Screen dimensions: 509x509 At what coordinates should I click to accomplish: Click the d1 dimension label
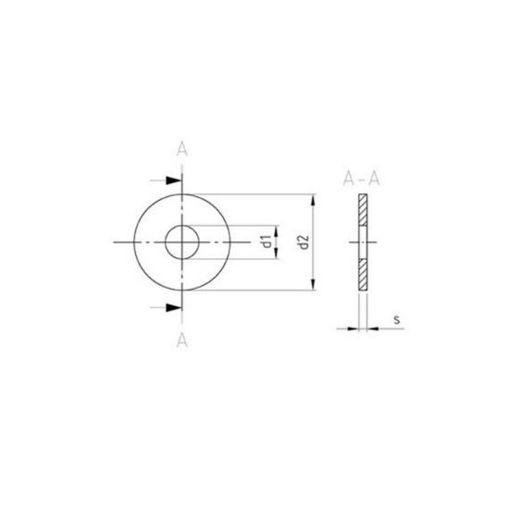(267, 242)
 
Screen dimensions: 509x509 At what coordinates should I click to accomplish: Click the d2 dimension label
(304, 242)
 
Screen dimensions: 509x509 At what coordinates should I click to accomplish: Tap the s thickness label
(397, 320)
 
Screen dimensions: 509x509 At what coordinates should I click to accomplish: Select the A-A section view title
(361, 179)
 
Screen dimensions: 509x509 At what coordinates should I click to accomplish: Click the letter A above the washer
(181, 150)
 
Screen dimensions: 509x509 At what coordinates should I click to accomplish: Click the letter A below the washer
(181, 341)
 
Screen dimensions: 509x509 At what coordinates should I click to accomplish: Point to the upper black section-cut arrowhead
(173, 180)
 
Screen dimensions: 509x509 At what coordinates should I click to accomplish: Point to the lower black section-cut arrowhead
(173, 307)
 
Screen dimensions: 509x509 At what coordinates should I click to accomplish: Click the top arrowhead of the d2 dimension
(313, 200)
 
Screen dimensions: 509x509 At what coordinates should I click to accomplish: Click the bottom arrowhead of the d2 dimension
(313, 284)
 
